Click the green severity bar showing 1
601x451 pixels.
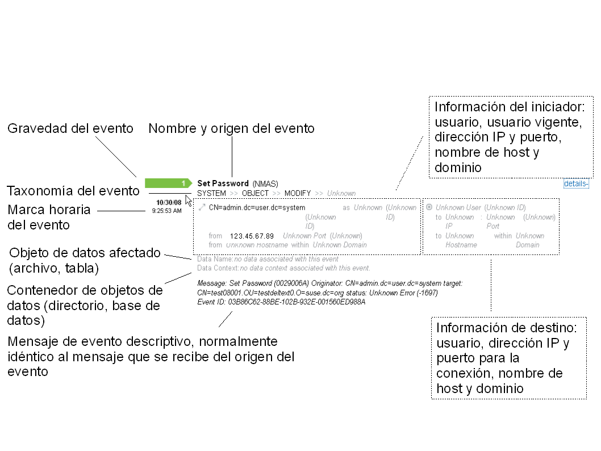(x=168, y=183)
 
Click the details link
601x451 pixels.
(x=576, y=183)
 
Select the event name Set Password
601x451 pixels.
(x=223, y=183)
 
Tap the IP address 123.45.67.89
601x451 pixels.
(x=252, y=236)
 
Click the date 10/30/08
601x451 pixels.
(x=169, y=202)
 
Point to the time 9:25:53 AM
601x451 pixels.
(x=166, y=211)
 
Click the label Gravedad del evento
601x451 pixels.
(x=70, y=129)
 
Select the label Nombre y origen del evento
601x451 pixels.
(x=231, y=129)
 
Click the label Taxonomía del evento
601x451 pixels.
(x=73, y=191)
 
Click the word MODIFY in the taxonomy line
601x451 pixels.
(x=298, y=193)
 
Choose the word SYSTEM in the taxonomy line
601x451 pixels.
(x=211, y=193)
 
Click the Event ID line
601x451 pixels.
(x=281, y=302)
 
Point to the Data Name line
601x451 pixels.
(x=268, y=259)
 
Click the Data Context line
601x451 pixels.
(x=283, y=268)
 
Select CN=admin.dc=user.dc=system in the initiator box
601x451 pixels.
(x=257, y=208)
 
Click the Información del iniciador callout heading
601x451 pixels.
(x=514, y=107)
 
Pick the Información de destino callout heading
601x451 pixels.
(x=507, y=328)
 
